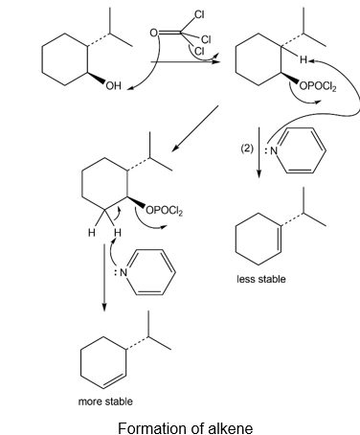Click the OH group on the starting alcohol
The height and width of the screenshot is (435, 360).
click(114, 85)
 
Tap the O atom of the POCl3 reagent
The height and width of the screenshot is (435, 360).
click(154, 33)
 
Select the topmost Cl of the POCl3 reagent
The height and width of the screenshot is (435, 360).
click(199, 14)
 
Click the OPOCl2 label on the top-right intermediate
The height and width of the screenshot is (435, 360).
click(318, 86)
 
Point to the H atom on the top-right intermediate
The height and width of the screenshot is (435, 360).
click(303, 59)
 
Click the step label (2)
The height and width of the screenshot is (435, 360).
click(247, 149)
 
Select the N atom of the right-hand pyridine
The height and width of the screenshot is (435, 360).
click(274, 150)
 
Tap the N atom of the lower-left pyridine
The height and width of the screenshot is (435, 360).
click(124, 272)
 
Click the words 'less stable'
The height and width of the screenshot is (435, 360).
click(261, 279)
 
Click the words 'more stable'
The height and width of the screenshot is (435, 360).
click(105, 401)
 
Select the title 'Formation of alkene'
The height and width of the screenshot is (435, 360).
click(186, 427)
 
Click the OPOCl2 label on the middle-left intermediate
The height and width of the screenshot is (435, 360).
click(165, 211)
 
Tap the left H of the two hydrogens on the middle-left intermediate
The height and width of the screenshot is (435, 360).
click(92, 233)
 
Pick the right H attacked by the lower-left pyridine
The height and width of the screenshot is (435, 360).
click(118, 232)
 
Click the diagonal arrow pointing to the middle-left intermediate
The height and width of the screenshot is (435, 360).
click(195, 128)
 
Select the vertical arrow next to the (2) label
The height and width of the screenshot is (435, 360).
click(259, 152)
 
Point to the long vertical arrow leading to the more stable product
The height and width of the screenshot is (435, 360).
click(104, 277)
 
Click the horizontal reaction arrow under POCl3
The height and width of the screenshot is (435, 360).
click(185, 61)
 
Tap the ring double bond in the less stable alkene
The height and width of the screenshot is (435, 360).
click(280, 240)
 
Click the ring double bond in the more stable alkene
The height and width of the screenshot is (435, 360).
click(114, 379)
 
